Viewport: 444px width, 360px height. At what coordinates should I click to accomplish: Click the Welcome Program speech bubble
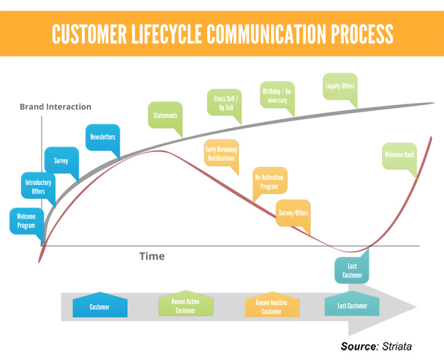[27, 221]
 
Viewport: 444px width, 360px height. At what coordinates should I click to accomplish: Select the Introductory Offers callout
[38, 186]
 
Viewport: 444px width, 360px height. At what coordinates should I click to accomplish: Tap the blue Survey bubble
[61, 160]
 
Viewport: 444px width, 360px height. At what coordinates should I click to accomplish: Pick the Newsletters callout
[102, 137]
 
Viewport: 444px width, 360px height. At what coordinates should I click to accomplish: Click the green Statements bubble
[165, 115]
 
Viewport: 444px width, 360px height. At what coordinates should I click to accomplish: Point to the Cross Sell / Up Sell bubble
[224, 102]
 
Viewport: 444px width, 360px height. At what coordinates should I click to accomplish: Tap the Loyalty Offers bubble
[340, 87]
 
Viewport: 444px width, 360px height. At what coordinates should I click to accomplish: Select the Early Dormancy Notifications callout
[221, 153]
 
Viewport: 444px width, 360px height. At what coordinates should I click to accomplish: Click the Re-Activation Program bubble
[270, 181]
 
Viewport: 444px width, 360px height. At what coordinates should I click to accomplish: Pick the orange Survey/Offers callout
[293, 213]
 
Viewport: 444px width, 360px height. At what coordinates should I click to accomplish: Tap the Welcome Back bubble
[400, 156]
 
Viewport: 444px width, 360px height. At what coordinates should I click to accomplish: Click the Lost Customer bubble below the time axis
[352, 270]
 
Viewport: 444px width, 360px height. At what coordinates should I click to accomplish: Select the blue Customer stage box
[100, 305]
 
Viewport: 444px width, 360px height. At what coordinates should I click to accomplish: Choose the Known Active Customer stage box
[186, 303]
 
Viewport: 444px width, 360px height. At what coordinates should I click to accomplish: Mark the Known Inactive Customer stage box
[272, 304]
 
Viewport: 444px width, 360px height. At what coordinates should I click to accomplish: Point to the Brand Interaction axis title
[55, 107]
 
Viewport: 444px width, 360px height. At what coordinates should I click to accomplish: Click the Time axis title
[152, 256]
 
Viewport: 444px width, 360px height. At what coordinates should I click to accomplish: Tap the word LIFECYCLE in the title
[167, 34]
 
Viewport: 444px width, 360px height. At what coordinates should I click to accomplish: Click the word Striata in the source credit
[397, 347]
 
